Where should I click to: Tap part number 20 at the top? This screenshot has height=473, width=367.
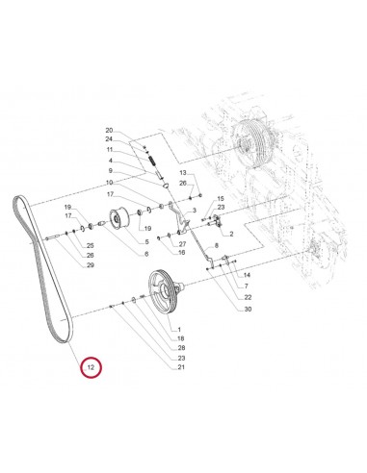coord(137,130)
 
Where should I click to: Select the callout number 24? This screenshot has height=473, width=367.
coord(137,139)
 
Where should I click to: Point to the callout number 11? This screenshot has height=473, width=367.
coord(137,150)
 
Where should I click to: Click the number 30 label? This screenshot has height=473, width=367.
coord(221,309)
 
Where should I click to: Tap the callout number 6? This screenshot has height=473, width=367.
coord(145,254)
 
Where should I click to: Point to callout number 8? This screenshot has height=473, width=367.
coord(216,246)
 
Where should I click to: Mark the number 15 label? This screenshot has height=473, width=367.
coord(220,197)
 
